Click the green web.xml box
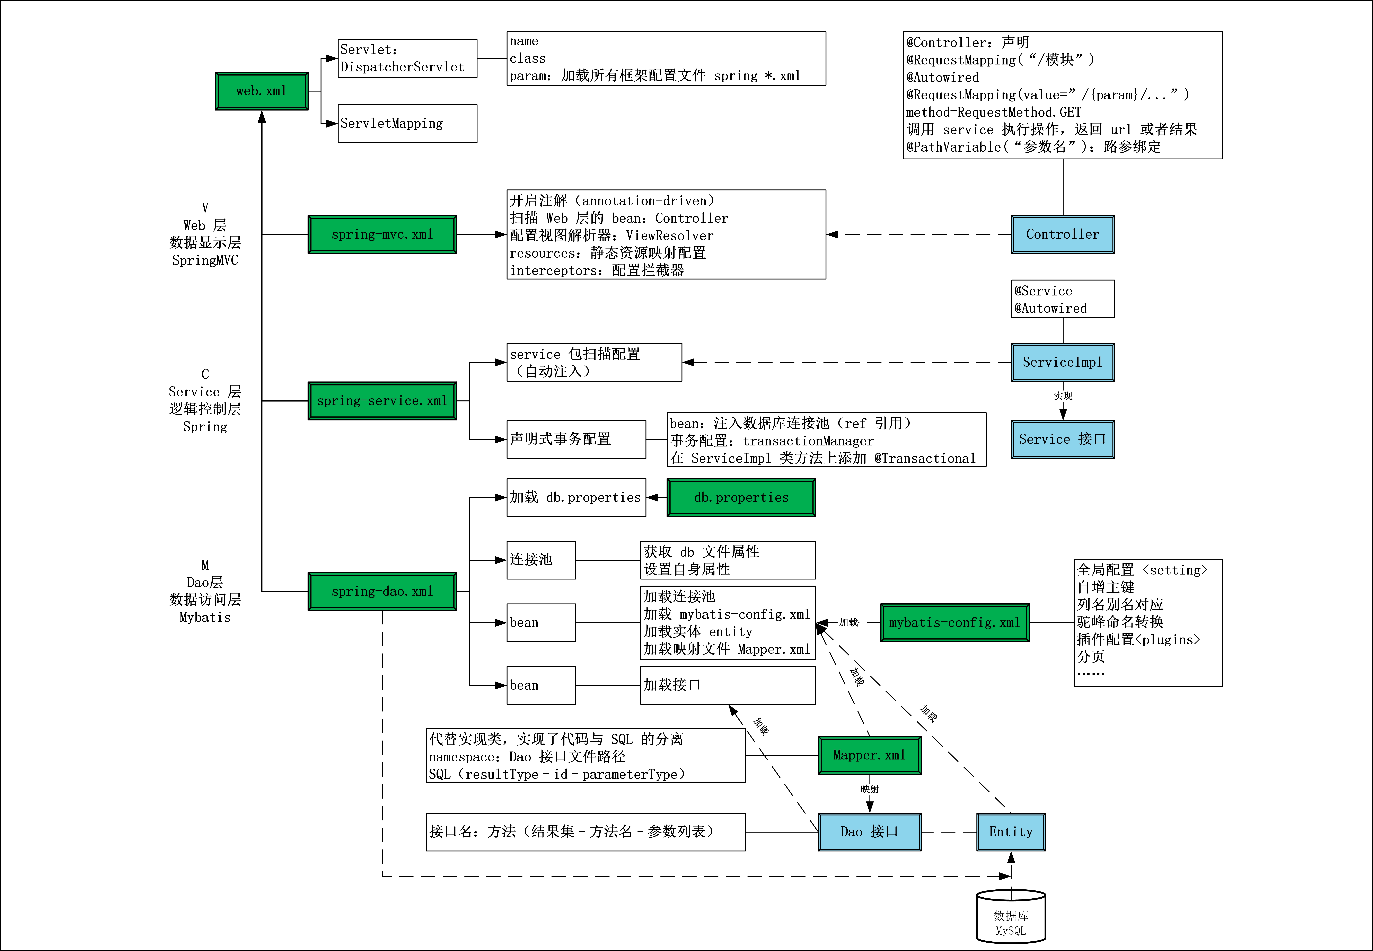click(262, 91)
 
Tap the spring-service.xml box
click(382, 401)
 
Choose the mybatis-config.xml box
click(955, 623)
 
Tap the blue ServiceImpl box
click(1063, 362)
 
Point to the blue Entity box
click(1011, 832)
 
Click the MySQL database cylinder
click(1011, 918)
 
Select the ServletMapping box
click(407, 123)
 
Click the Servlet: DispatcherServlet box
click(407, 58)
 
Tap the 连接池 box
click(540, 560)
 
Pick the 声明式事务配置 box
click(576, 439)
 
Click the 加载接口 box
click(728, 685)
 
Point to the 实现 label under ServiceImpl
click(1063, 396)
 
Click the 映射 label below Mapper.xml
click(869, 789)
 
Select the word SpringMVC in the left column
click(205, 260)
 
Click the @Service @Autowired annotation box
click(1063, 299)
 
